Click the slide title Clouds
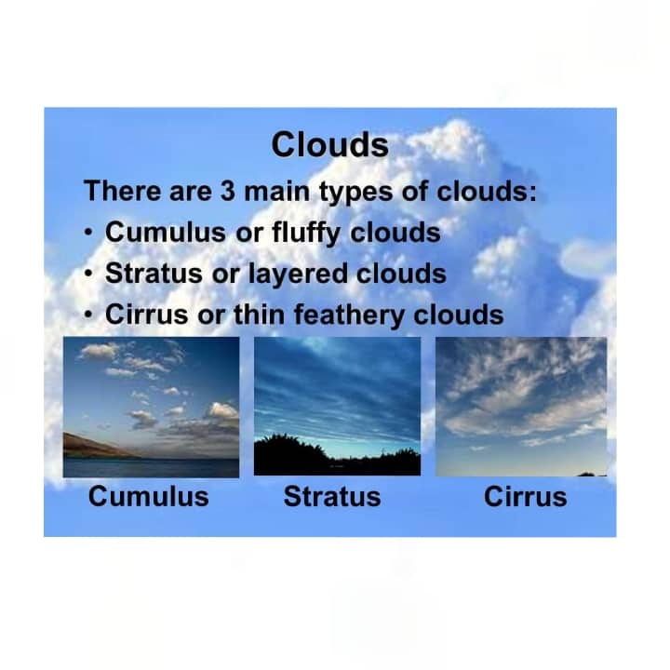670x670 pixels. [x=329, y=144]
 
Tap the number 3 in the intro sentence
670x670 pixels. [x=228, y=190]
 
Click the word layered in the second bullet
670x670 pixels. [x=298, y=274]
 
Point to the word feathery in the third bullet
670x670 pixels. [x=349, y=315]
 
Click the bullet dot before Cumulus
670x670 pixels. [x=88, y=233]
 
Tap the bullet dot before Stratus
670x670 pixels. [x=88, y=274]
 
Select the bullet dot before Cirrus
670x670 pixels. [x=88, y=315]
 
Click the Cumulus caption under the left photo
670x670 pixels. [x=148, y=497]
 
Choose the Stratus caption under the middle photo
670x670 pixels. [x=332, y=497]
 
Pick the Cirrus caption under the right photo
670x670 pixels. [x=525, y=497]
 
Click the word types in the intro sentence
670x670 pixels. [x=355, y=192]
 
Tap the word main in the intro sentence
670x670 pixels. [x=276, y=191]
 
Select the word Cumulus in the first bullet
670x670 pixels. [x=166, y=232]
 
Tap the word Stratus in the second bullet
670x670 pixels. [x=154, y=274]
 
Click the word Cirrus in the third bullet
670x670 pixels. [x=147, y=315]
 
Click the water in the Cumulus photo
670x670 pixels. [x=151, y=468]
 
